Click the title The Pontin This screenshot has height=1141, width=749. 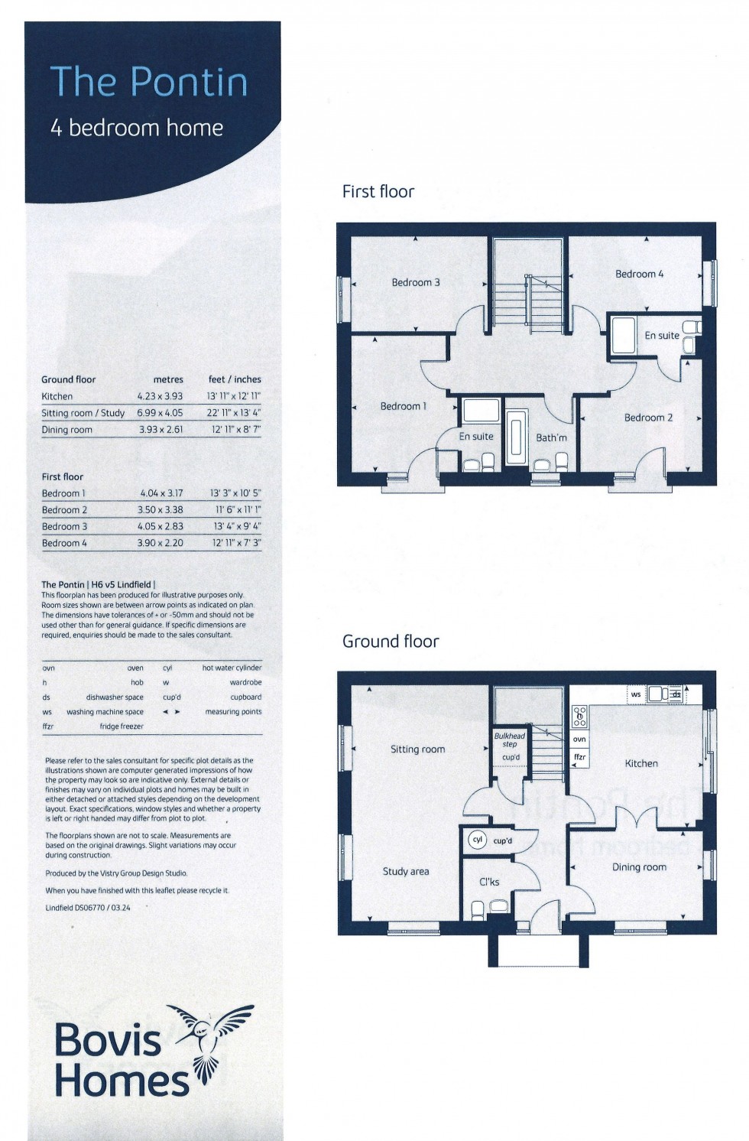[149, 82]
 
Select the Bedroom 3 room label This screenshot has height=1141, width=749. [416, 282]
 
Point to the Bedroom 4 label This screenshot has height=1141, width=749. [640, 274]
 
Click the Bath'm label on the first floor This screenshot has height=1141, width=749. [551, 437]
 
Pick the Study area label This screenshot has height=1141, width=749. [406, 871]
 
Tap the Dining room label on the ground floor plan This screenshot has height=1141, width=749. [639, 867]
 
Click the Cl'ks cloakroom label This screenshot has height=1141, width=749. [489, 882]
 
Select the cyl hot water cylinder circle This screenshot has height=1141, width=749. [478, 840]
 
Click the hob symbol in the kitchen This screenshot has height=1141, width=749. [580, 717]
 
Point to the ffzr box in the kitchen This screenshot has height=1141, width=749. [580, 757]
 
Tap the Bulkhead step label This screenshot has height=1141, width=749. [510, 740]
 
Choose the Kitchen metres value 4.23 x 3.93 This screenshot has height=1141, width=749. [160, 396]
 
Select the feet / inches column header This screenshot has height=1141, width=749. [235, 379]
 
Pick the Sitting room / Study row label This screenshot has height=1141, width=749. [83, 413]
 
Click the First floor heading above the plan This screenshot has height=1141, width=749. [378, 191]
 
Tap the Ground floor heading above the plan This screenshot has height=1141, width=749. [391, 641]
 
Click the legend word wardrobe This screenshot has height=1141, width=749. [245, 682]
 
